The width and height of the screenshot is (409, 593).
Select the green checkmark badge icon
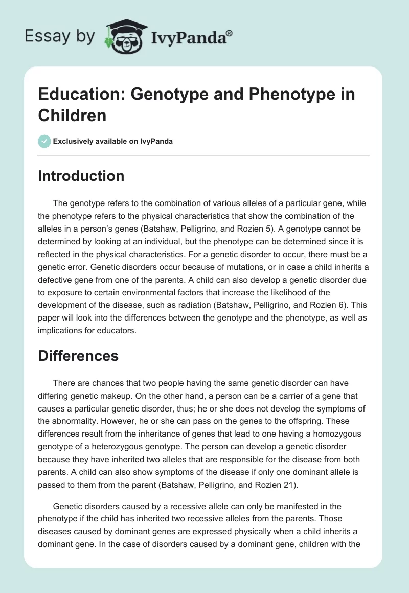coord(44,141)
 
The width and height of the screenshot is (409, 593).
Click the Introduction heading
coord(81,176)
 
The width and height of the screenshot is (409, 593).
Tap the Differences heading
coord(78,356)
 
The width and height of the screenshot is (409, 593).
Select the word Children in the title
coord(72,116)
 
